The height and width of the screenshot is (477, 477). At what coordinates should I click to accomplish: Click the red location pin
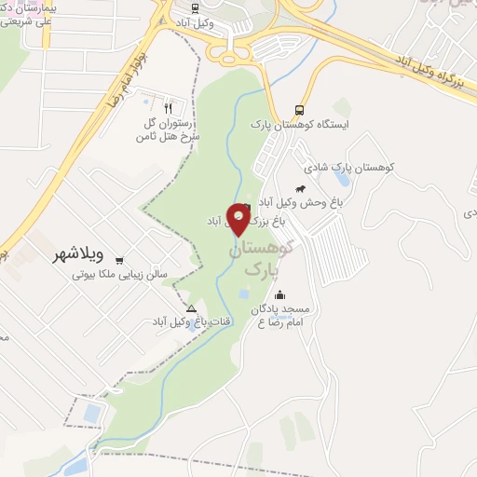click(x=239, y=221)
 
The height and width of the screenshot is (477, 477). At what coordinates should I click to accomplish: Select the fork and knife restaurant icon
click(x=169, y=106)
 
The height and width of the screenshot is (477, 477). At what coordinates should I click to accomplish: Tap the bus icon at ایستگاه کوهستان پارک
click(x=297, y=108)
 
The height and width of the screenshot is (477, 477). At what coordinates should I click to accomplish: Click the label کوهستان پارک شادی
click(x=349, y=167)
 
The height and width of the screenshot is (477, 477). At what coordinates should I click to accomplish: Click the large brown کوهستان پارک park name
click(x=260, y=258)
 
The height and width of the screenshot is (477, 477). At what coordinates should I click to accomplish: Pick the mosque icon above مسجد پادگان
click(x=279, y=295)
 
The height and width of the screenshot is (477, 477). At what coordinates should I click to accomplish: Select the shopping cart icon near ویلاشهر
click(x=119, y=262)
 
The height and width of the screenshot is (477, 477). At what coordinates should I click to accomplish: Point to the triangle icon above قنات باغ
click(x=191, y=308)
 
